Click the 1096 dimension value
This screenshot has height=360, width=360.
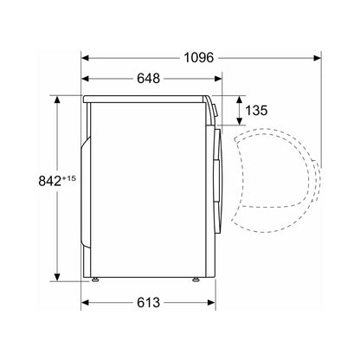pos(199,58)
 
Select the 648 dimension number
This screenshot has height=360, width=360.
pos(148,79)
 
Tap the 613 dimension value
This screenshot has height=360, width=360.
pos(148,303)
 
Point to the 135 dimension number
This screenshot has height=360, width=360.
pos(256,110)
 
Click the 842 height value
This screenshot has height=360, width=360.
pos(49,181)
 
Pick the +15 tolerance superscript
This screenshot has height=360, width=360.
pos(69,178)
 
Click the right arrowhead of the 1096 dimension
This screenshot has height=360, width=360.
pos(317,58)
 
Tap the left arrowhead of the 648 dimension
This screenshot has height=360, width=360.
pos(86,79)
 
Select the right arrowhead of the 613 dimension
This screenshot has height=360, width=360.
pos(211,303)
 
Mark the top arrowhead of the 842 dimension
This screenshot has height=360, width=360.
pos(57,100)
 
